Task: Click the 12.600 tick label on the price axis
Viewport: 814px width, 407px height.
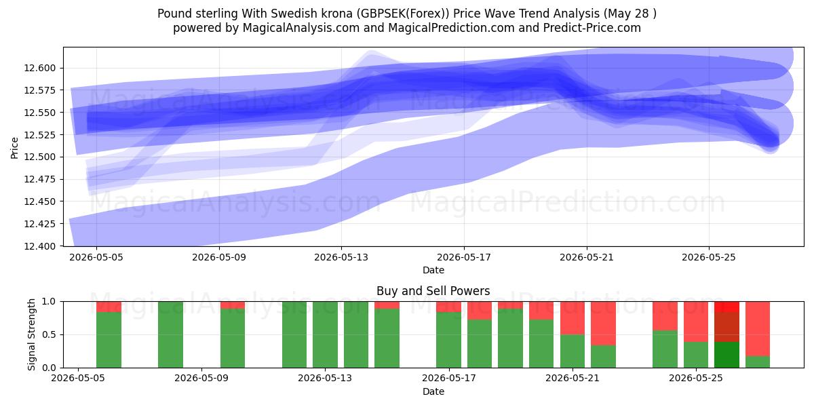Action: pyautogui.click(x=40, y=68)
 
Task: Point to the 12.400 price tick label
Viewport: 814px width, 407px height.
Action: pyautogui.click(x=40, y=246)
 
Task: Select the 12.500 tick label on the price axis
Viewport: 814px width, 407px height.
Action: pyautogui.click(x=40, y=157)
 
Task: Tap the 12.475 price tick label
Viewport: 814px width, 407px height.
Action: pyautogui.click(x=40, y=179)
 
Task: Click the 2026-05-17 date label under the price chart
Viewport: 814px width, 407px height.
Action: pyautogui.click(x=464, y=257)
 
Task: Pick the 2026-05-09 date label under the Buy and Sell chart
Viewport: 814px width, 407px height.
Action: pyautogui.click(x=201, y=378)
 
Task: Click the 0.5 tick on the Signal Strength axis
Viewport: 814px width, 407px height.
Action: pyautogui.click(x=49, y=334)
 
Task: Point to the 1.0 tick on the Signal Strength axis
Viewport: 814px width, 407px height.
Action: pyautogui.click(x=49, y=301)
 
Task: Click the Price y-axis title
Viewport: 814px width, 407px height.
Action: pyautogui.click(x=14, y=148)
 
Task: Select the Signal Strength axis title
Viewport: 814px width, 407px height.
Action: pyautogui.click(x=32, y=334)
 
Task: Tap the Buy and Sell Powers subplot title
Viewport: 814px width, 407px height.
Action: pyautogui.click(x=433, y=291)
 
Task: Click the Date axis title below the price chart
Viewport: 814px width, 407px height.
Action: pyautogui.click(x=433, y=270)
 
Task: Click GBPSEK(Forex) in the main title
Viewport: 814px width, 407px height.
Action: pyautogui.click(x=403, y=14)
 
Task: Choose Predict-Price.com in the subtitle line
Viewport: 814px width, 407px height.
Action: pyautogui.click(x=592, y=28)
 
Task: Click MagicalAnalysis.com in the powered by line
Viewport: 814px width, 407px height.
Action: pyautogui.click(x=301, y=28)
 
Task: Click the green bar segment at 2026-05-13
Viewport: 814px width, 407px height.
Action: pyautogui.click(x=325, y=334)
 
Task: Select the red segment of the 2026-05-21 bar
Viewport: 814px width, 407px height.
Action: pyautogui.click(x=573, y=317)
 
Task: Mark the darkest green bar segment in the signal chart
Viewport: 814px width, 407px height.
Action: pyautogui.click(x=726, y=355)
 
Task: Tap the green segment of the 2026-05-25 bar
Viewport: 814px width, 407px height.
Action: pyautogui.click(x=696, y=355)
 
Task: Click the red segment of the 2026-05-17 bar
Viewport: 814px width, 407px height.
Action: pyautogui.click(x=449, y=307)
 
